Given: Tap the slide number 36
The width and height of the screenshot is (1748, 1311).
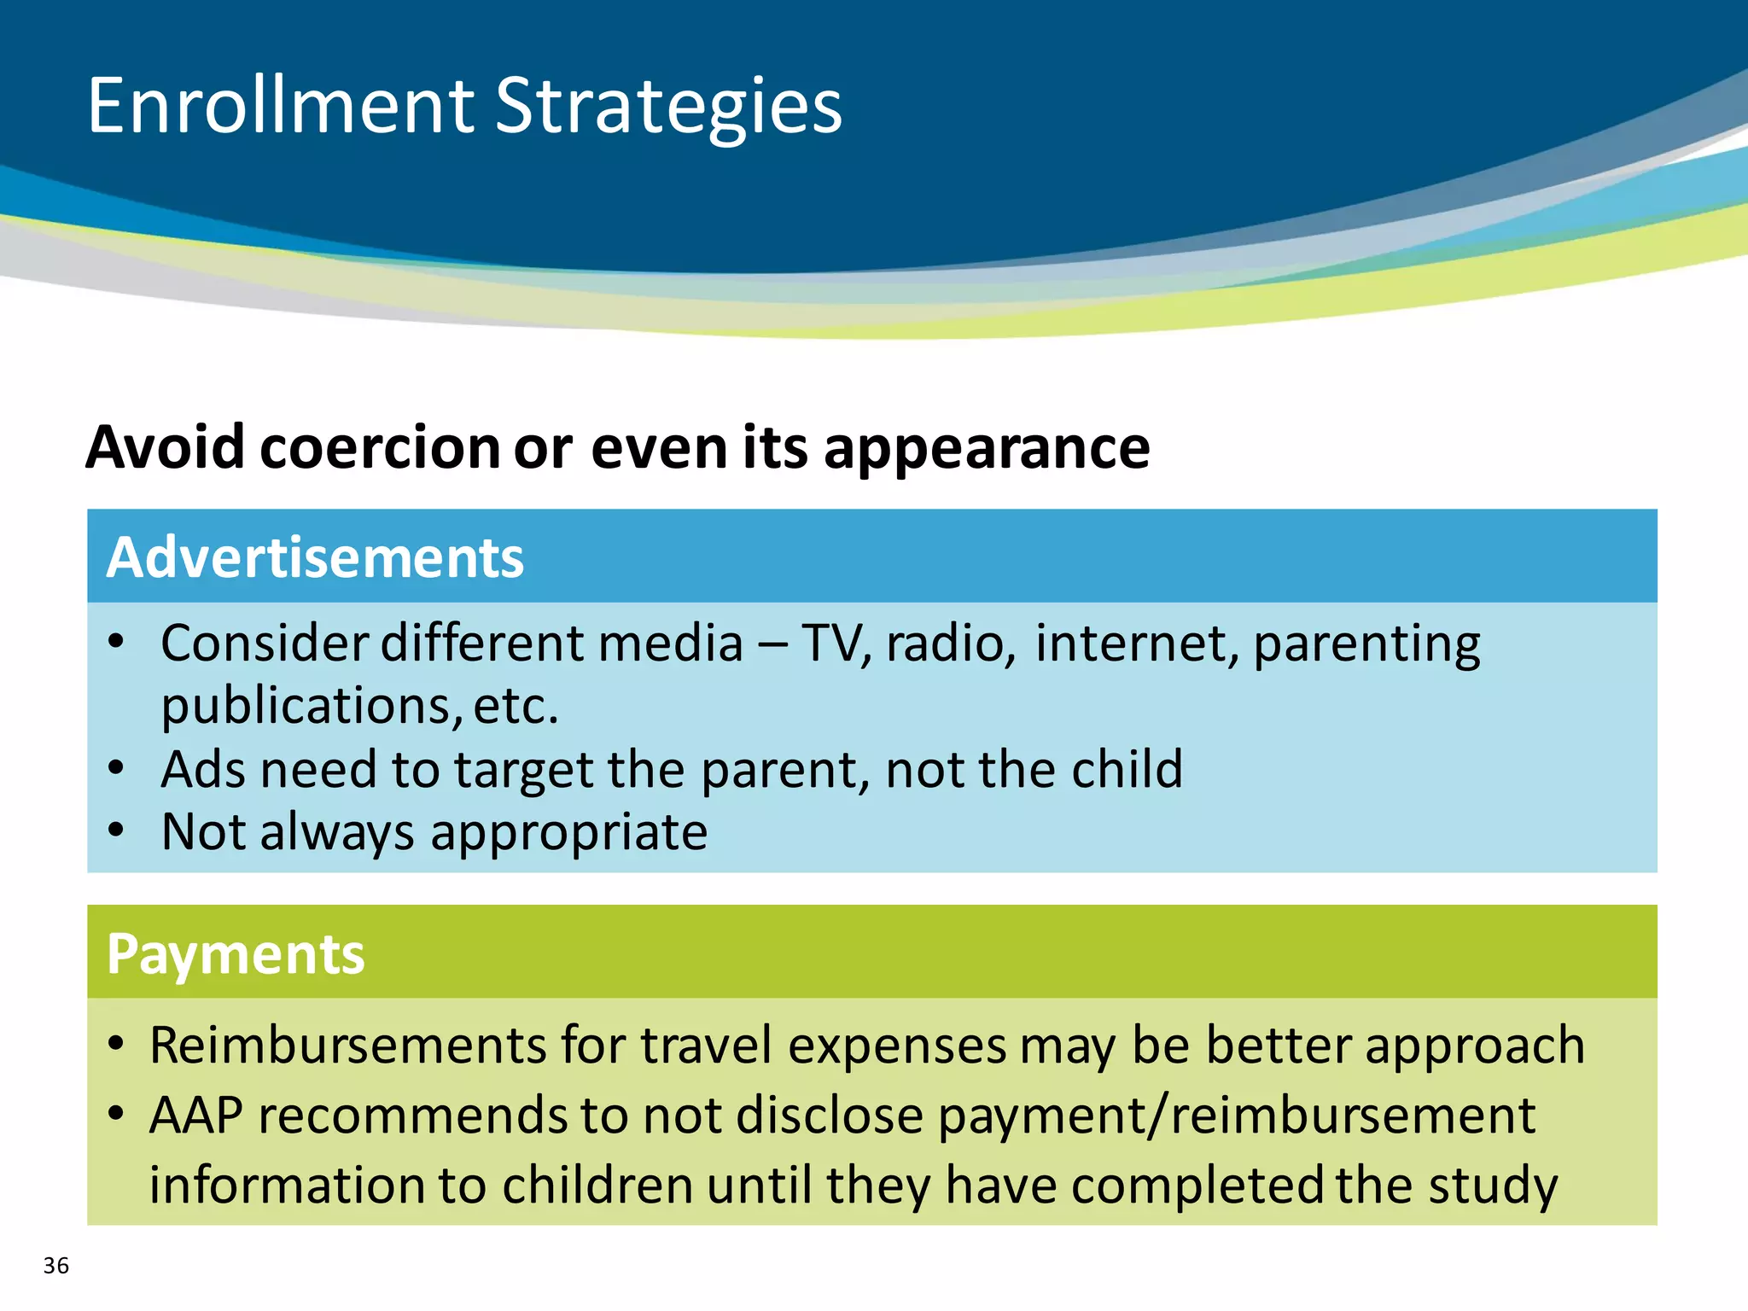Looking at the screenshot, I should coord(56,1265).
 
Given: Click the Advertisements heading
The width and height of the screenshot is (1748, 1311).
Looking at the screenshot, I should coord(315,557).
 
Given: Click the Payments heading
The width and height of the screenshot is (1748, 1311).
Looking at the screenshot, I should coord(236,953).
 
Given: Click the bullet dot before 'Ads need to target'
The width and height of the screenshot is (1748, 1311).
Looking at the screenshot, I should coord(117,767).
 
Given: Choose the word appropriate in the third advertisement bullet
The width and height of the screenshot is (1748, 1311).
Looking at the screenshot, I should coord(568,833).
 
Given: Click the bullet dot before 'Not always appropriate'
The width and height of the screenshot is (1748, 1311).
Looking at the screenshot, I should coord(117,830).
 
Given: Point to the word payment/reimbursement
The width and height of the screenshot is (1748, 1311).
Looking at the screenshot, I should coord(1237,1116).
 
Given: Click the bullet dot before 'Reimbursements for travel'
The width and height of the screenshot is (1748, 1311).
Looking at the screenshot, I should coord(117,1043).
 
